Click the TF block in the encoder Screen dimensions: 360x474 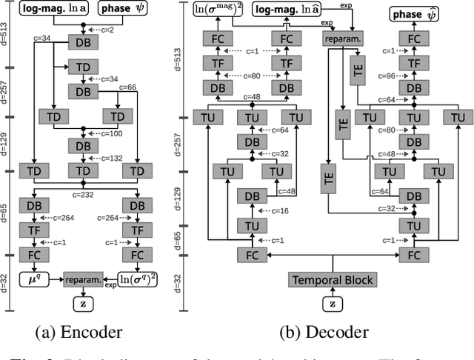pos(35,230)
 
